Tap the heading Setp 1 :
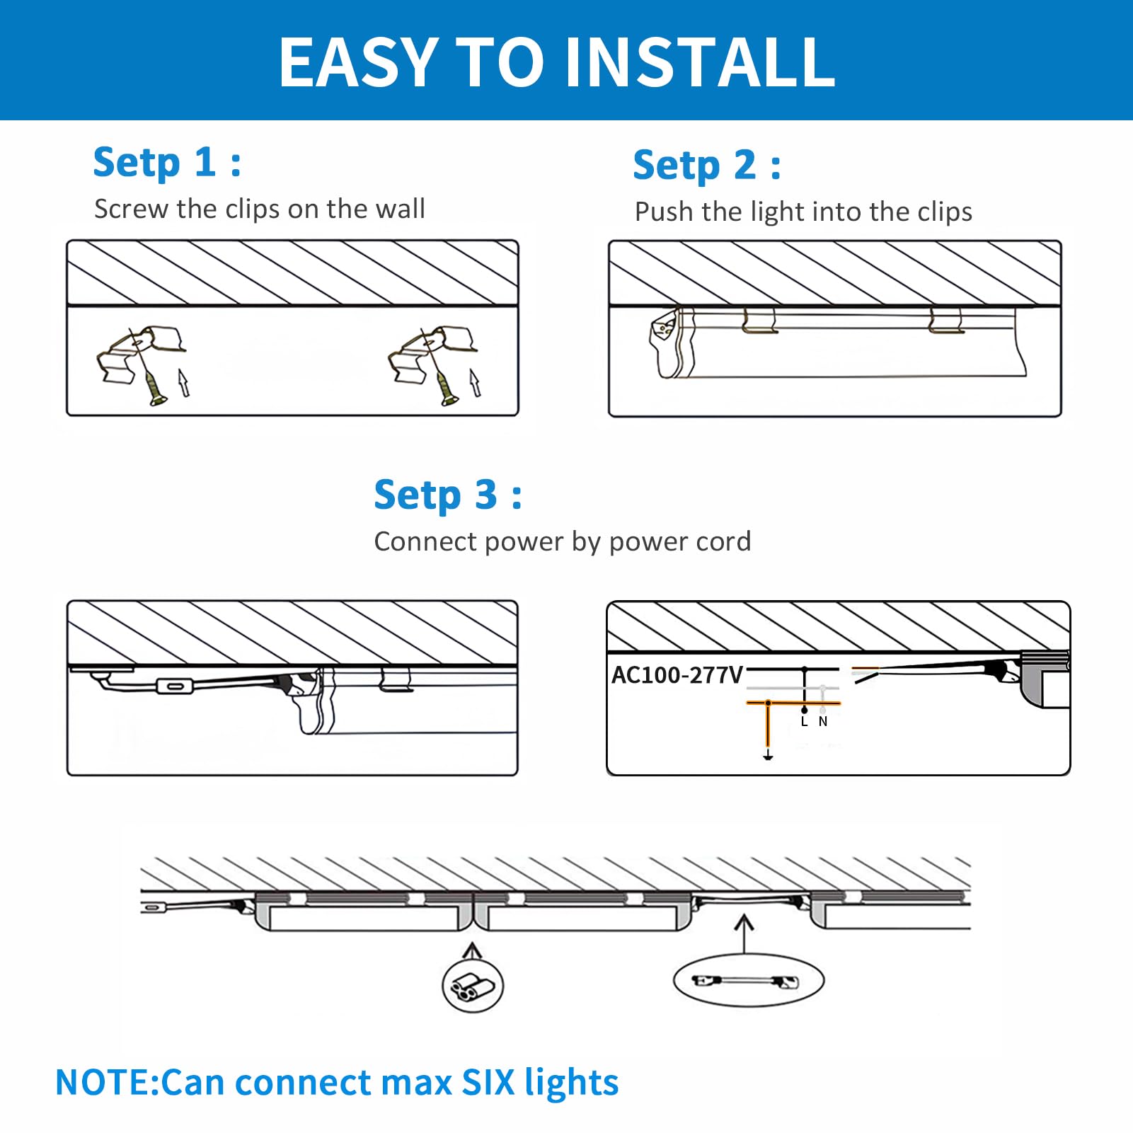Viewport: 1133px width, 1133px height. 167,163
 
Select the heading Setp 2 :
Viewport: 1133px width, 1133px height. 707,166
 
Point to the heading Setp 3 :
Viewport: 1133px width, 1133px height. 447,495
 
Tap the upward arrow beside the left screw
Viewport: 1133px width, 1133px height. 184,382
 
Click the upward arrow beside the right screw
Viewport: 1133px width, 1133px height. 475,382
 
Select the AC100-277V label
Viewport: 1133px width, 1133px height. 677,675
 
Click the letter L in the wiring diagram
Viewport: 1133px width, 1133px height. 804,722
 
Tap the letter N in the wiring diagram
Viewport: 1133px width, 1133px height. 823,722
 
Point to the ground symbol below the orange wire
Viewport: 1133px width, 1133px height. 768,757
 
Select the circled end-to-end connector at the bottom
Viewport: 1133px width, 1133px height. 472,986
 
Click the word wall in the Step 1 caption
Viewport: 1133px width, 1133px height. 400,209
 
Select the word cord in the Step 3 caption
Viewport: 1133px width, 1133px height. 723,542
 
